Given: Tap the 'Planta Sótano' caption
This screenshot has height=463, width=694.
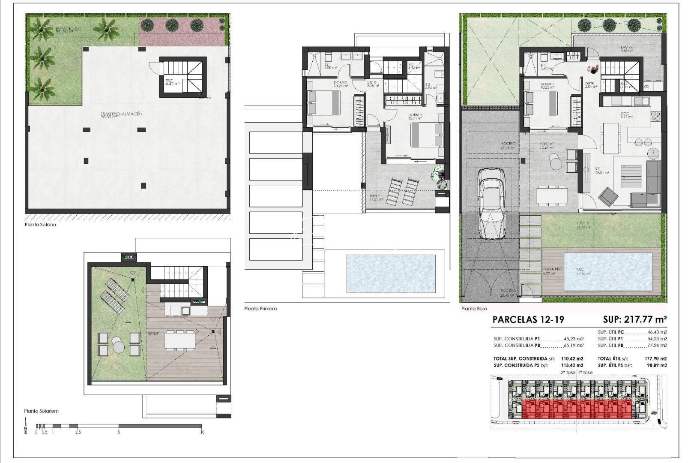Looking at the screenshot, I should tap(40, 224).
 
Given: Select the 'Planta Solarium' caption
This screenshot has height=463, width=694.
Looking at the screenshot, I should tap(41, 411).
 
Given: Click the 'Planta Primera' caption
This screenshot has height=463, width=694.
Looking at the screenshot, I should tap(260, 308).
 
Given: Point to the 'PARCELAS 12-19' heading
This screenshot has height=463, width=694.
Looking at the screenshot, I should tap(528, 319).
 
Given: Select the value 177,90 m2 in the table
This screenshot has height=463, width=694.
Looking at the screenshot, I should tap(655, 359).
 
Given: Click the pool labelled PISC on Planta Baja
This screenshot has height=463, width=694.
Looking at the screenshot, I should tap(608, 271).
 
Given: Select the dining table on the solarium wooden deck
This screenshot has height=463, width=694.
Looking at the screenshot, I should tap(180, 341).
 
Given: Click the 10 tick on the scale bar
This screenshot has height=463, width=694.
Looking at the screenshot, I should tap(202, 432).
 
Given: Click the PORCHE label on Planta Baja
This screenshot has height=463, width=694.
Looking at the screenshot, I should tap(547, 144).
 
